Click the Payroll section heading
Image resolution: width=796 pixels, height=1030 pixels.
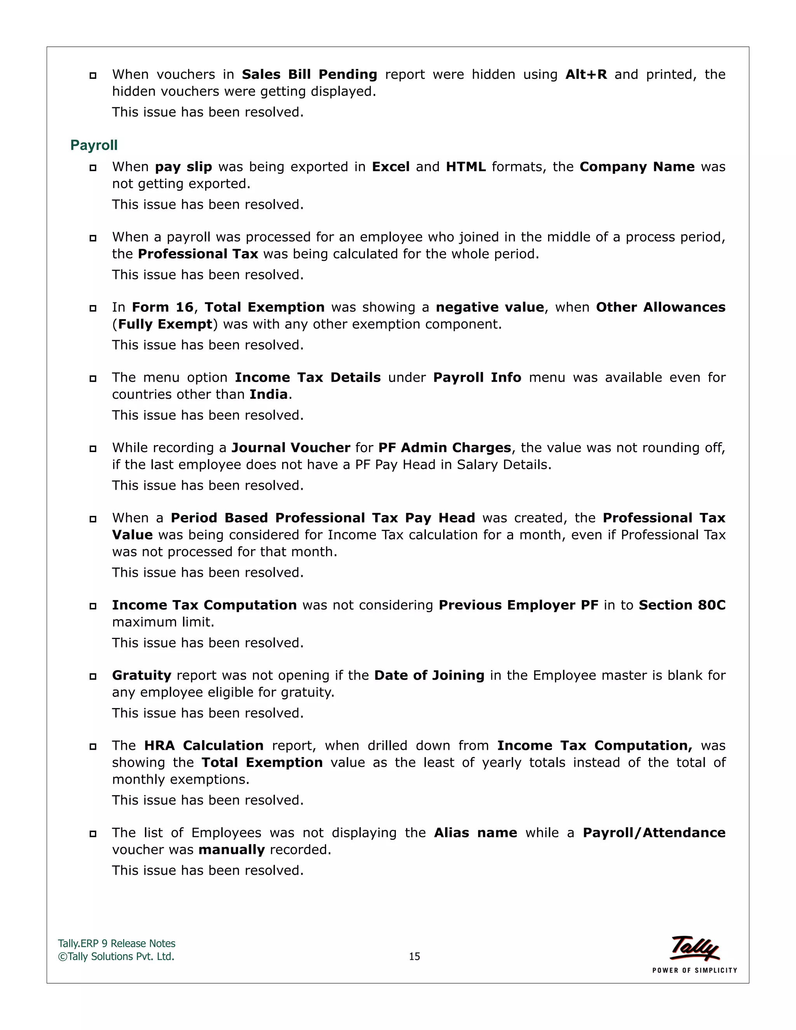pyautogui.click(x=94, y=145)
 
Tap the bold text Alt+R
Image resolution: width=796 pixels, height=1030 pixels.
pyautogui.click(x=586, y=75)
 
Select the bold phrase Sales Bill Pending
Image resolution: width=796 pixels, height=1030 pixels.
pyautogui.click(x=309, y=75)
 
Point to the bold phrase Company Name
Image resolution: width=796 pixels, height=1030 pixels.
pyautogui.click(x=637, y=167)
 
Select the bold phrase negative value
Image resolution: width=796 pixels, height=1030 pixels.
pyautogui.click(x=489, y=307)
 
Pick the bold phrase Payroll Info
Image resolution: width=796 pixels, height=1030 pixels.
pyautogui.click(x=477, y=378)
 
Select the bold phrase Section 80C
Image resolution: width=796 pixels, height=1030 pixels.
pyautogui.click(x=681, y=606)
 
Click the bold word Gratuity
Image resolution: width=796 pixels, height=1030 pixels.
pyautogui.click(x=141, y=676)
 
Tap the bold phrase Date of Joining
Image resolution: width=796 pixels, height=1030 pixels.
pyautogui.click(x=429, y=676)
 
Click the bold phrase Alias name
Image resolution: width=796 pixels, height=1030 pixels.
pyautogui.click(x=475, y=833)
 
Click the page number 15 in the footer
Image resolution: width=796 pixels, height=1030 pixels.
pyautogui.click(x=414, y=957)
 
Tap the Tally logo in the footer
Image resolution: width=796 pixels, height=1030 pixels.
pyautogui.click(x=694, y=948)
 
